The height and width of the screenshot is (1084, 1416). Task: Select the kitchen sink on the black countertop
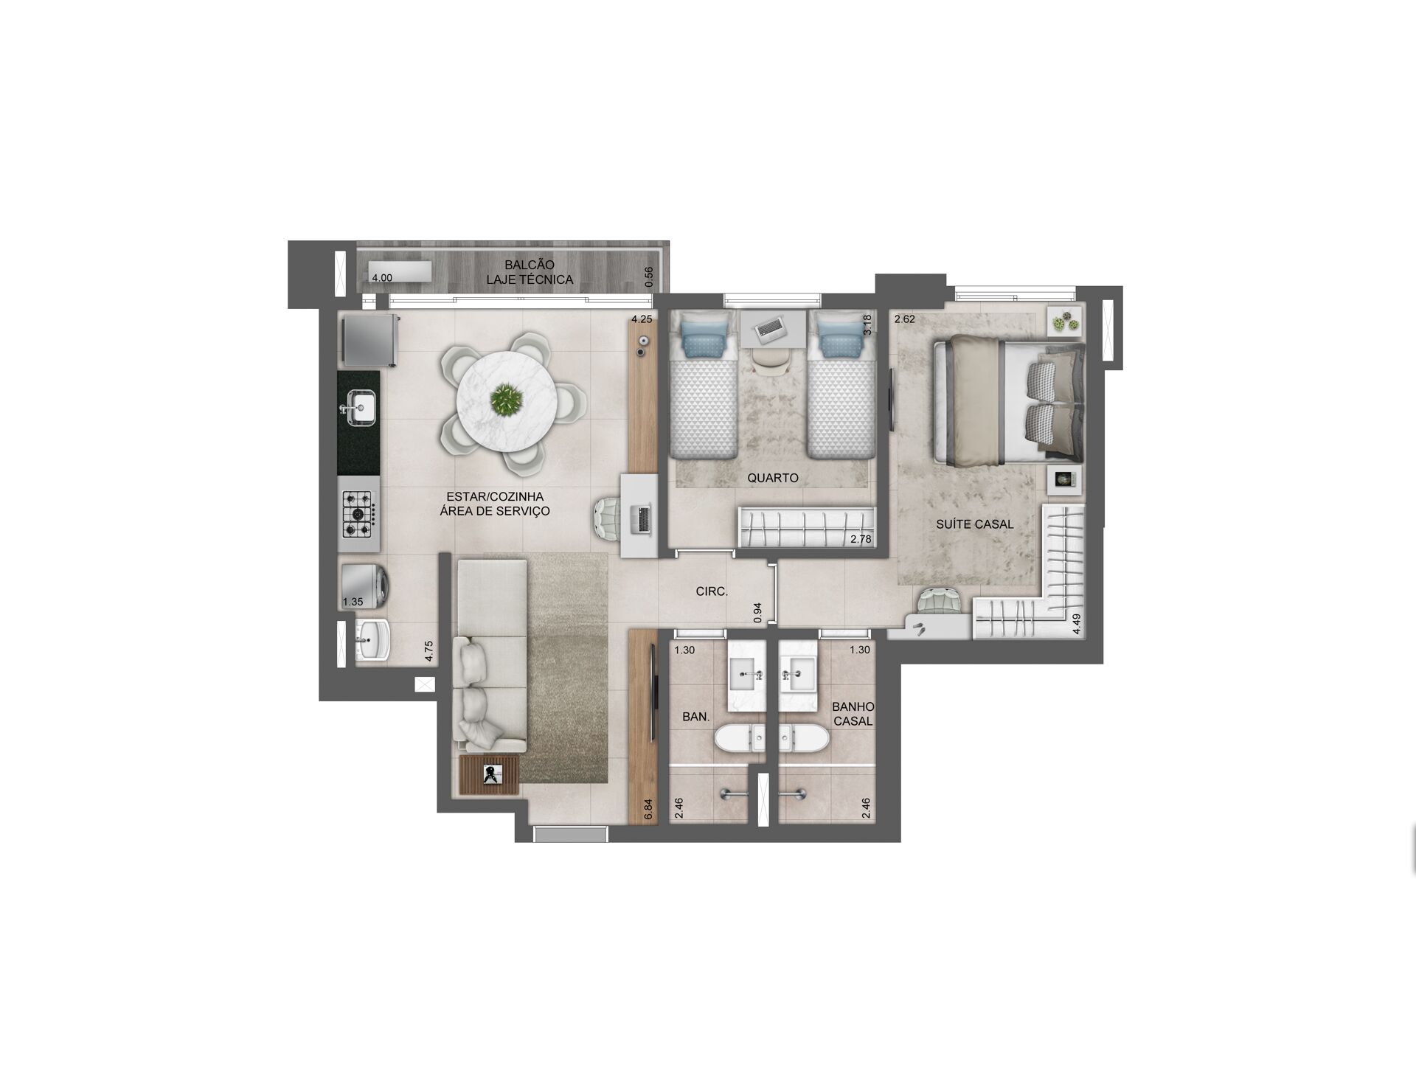point(360,409)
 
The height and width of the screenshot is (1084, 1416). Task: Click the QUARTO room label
point(773,478)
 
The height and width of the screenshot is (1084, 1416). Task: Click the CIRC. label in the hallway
point(712,591)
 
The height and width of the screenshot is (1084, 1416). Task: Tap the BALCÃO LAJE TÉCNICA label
point(530,272)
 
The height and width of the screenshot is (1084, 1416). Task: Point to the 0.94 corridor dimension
point(757,614)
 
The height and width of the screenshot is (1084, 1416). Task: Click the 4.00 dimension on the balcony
point(382,278)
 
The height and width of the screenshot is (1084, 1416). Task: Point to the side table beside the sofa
point(490,774)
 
